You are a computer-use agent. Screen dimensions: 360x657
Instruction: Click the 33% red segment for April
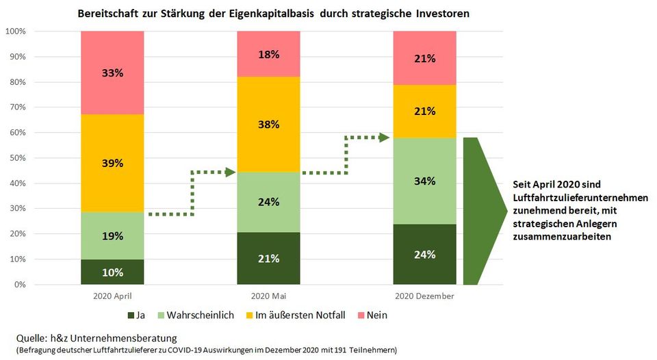[x=112, y=73]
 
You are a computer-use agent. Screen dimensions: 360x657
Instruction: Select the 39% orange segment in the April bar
[x=112, y=163]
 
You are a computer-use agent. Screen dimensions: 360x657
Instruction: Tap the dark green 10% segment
[x=112, y=272]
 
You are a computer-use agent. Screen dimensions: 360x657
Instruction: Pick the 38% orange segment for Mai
[x=268, y=124]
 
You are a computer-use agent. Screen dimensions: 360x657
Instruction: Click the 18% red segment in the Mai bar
[x=268, y=54]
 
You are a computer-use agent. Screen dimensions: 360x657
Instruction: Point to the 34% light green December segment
[x=424, y=181]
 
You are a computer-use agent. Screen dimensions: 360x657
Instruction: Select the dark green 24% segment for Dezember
[x=424, y=254]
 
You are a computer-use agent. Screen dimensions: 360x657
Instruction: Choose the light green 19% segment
[x=112, y=236]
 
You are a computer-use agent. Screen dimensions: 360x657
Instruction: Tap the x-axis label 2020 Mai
[x=268, y=296]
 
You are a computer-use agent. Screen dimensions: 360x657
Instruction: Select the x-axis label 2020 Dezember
[x=424, y=296]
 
